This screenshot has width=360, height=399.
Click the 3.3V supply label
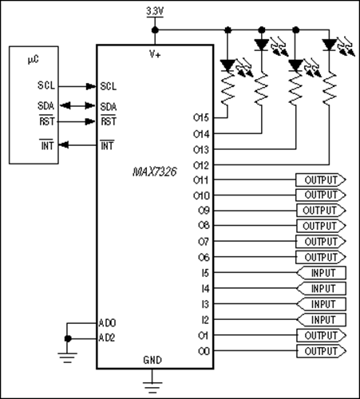[x=155, y=11]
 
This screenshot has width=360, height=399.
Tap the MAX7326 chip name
[x=155, y=172]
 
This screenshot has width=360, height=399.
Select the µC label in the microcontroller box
[x=34, y=60]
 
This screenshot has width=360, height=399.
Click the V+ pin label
[x=155, y=55]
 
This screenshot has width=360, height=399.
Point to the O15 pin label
[x=201, y=117]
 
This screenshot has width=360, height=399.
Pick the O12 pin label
[x=201, y=165]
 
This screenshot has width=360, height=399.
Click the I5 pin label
[x=205, y=273]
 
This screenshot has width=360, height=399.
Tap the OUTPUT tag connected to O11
[x=321, y=180]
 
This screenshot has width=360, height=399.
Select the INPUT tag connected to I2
[x=322, y=320]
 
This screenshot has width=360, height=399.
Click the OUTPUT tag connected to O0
[x=321, y=351]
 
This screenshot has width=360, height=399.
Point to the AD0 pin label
[x=107, y=323]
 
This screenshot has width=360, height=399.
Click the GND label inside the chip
[x=152, y=360]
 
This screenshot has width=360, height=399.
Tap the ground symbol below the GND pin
[x=152, y=387]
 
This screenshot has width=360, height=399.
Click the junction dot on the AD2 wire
[x=68, y=338]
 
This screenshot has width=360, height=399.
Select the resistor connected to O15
[x=227, y=88]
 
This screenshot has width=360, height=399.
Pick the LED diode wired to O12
[x=330, y=44]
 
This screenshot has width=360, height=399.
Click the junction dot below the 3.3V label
[x=155, y=30]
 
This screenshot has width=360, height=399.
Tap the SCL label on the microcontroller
[x=46, y=85]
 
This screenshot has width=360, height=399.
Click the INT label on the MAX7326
[x=107, y=145]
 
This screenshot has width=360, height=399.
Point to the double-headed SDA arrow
[x=77, y=106]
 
